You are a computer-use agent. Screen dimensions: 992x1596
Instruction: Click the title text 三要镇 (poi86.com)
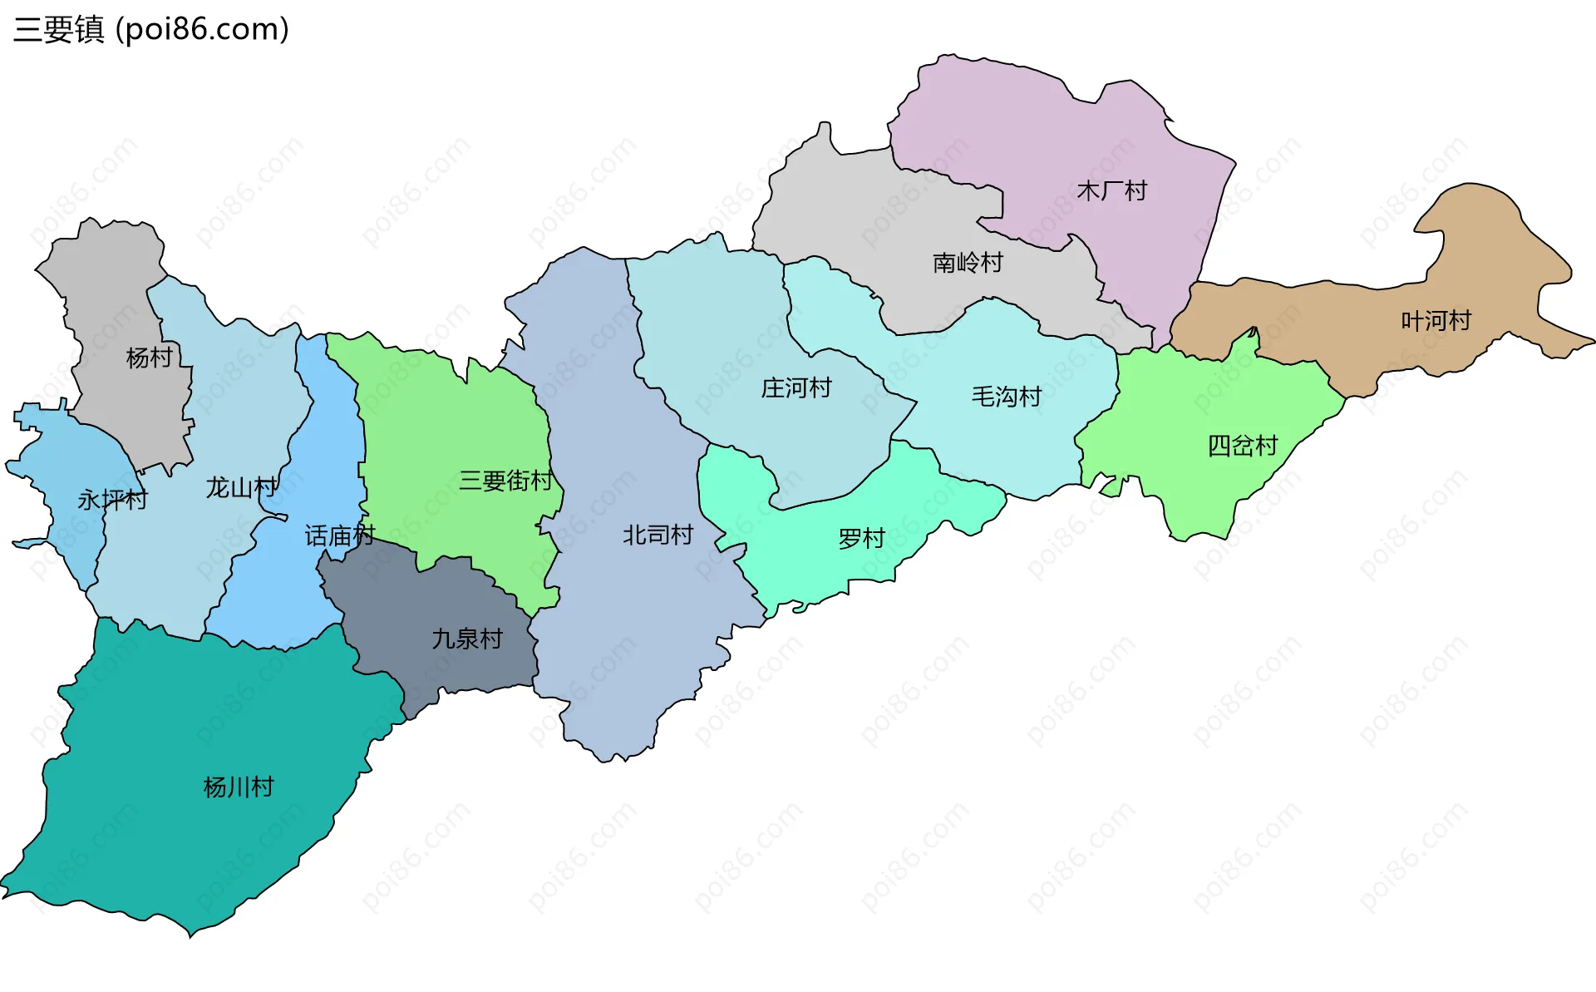click(150, 29)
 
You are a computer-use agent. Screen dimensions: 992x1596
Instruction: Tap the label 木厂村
click(1111, 191)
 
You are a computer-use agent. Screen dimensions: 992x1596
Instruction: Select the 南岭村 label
click(968, 263)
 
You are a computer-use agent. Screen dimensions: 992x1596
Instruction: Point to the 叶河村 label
click(1436, 320)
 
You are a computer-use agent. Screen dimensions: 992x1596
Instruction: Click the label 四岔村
click(1242, 446)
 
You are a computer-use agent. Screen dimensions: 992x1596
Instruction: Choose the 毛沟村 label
click(1006, 397)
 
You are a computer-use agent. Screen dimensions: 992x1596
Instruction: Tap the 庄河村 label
click(796, 387)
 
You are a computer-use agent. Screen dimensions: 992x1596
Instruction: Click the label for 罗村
click(861, 539)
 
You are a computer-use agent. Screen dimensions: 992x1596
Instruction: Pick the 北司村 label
click(658, 535)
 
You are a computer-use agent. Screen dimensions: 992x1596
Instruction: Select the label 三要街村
click(505, 481)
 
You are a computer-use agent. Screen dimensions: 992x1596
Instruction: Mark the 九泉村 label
click(467, 639)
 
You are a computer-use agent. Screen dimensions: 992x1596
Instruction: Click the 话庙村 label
click(339, 535)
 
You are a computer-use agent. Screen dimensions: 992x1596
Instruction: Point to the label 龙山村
click(242, 487)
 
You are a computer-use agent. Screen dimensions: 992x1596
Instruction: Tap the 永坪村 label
click(112, 500)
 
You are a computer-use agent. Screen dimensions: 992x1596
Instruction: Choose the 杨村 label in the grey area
click(149, 358)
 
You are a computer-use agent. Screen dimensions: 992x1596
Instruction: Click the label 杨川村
click(239, 787)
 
